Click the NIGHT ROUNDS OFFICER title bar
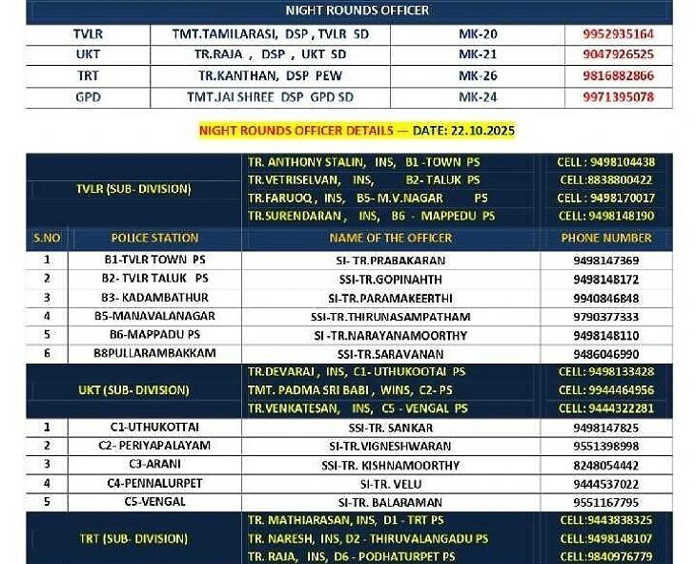pyautogui.click(x=358, y=10)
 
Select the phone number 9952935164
pyautogui.click(x=619, y=34)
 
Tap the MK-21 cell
pyautogui.click(x=478, y=54)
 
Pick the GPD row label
pyautogui.click(x=88, y=96)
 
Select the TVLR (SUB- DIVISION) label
pyautogui.click(x=133, y=189)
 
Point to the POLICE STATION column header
pyautogui.click(x=154, y=238)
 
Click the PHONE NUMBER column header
pyautogui.click(x=606, y=238)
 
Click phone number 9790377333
pyautogui.click(x=606, y=317)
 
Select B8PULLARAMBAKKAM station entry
pyautogui.click(x=154, y=353)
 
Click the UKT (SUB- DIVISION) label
pyautogui.click(x=133, y=389)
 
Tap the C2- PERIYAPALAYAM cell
pyautogui.click(x=154, y=446)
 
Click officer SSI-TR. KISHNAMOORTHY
pyautogui.click(x=391, y=465)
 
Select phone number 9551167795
pyautogui.click(x=606, y=502)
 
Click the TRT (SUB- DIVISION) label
pyautogui.click(x=133, y=539)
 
